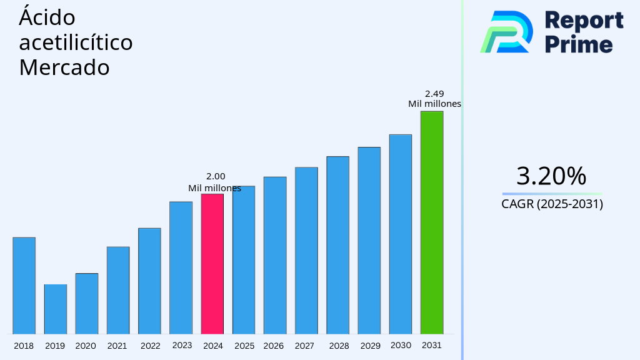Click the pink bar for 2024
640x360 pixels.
(212, 264)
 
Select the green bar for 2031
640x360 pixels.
(432, 222)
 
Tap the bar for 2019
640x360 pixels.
(56, 309)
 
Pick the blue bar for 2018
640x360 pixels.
(24, 286)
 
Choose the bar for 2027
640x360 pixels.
(306, 251)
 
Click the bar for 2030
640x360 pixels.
(401, 234)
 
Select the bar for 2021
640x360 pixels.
(118, 290)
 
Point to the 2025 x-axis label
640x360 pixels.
(244, 346)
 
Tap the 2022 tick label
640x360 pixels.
(150, 346)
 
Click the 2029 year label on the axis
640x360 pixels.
(370, 346)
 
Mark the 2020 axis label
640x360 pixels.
(86, 346)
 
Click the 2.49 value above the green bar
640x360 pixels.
(434, 94)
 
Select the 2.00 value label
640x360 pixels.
(216, 177)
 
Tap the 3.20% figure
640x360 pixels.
(551, 176)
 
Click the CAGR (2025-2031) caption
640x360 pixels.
(552, 204)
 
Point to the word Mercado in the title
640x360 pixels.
(64, 67)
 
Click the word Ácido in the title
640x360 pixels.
(47, 17)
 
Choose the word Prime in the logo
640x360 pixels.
(579, 44)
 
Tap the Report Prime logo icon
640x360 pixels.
(506, 31)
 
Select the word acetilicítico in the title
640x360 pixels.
(76, 42)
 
